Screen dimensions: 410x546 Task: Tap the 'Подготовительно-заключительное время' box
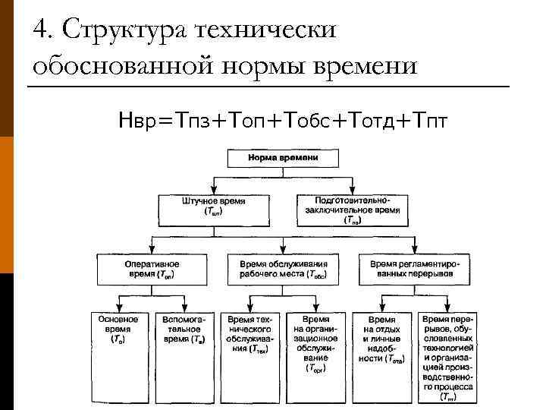click(x=352, y=210)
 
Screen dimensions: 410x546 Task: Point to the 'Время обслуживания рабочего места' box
click(x=277, y=267)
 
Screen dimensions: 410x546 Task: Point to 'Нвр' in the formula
click(x=140, y=120)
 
